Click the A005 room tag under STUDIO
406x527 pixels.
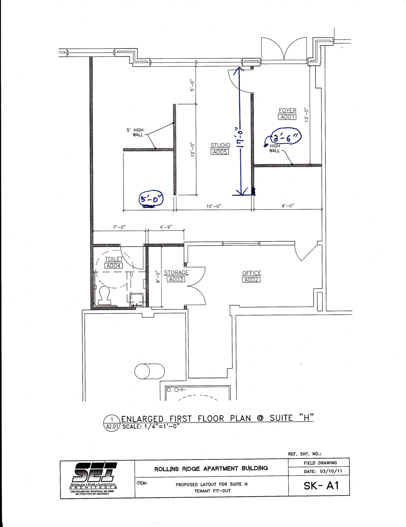tap(220, 152)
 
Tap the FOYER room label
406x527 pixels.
tap(287, 110)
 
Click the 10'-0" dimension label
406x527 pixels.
tap(214, 206)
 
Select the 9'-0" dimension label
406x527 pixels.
tap(288, 206)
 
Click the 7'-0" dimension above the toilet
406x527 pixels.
tap(119, 227)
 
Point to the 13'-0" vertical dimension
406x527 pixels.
tap(306, 115)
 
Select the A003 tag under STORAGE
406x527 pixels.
tap(176, 279)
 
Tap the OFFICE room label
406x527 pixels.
tap(251, 273)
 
